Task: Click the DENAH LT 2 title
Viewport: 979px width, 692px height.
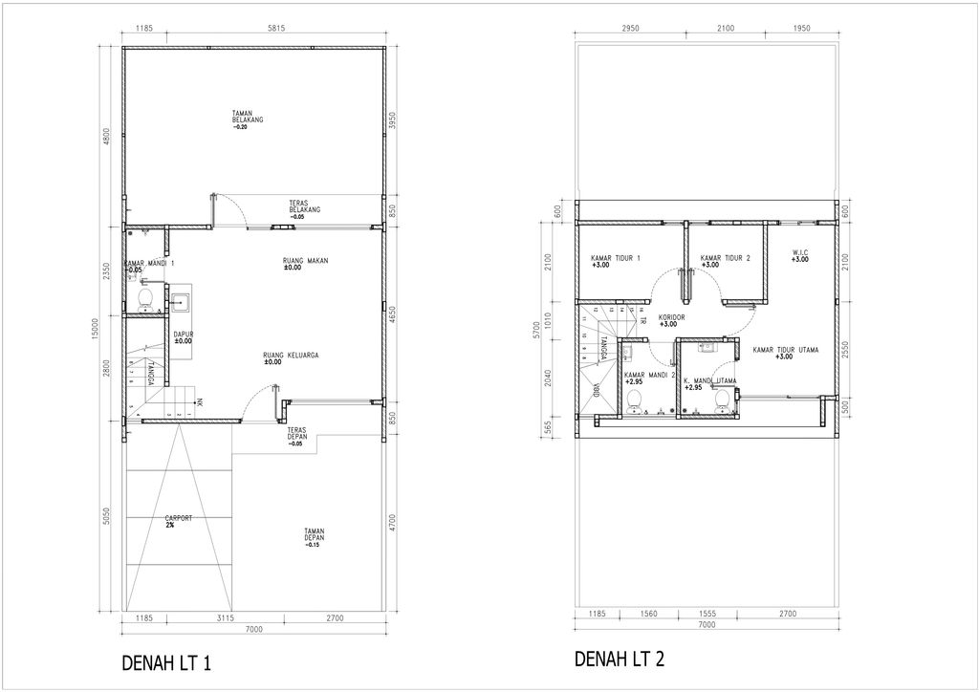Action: pyautogui.click(x=618, y=659)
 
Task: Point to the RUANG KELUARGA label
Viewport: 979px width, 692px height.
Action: pyautogui.click(x=291, y=358)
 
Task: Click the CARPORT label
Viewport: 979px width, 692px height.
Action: pyautogui.click(x=178, y=521)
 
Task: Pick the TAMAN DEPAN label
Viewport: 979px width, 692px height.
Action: pyautogui.click(x=315, y=537)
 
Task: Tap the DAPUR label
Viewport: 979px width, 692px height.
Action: pyautogui.click(x=183, y=337)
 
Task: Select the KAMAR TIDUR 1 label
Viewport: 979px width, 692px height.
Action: pyautogui.click(x=615, y=261)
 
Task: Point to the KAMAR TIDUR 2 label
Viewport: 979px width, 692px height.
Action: pyautogui.click(x=725, y=261)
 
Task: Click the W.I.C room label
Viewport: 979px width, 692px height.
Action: pyautogui.click(x=800, y=255)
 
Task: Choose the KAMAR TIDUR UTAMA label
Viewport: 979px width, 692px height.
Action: pyautogui.click(x=783, y=353)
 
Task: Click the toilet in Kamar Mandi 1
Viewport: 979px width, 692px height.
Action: pyautogui.click(x=146, y=301)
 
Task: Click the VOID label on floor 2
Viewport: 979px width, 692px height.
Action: pyautogui.click(x=595, y=389)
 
